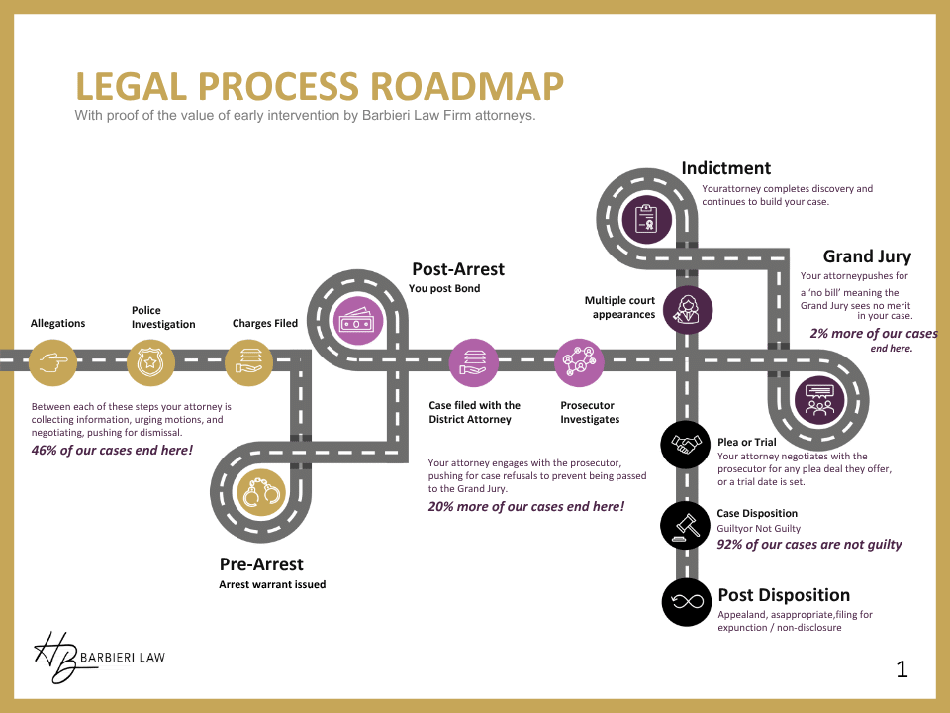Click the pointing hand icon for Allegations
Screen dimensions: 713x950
click(52, 362)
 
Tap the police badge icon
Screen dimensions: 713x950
click(150, 362)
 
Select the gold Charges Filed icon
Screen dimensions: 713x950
click(248, 362)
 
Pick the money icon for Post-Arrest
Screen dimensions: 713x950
click(356, 320)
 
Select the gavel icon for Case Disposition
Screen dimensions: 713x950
click(685, 524)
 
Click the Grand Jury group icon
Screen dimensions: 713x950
click(820, 402)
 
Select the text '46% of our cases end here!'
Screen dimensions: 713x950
click(112, 451)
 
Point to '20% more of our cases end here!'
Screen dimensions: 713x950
click(525, 506)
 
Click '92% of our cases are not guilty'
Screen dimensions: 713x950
click(809, 544)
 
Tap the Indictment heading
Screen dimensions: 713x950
click(725, 168)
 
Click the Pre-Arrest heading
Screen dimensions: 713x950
click(261, 564)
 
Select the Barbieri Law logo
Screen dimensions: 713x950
click(99, 656)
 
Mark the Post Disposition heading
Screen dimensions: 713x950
click(783, 595)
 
